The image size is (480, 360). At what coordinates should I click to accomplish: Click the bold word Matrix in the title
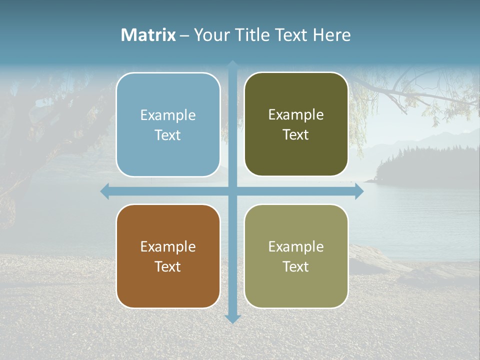(x=148, y=35)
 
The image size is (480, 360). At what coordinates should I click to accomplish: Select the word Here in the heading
(x=331, y=35)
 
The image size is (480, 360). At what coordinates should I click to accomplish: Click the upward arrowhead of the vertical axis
(x=232, y=64)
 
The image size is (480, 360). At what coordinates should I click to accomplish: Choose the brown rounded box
(x=168, y=285)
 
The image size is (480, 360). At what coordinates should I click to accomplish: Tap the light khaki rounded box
(x=296, y=285)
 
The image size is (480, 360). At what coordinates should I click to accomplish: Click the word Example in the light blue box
(x=168, y=115)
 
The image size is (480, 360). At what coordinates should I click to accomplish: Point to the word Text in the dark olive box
(x=296, y=135)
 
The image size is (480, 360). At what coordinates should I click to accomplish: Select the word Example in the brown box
(x=168, y=247)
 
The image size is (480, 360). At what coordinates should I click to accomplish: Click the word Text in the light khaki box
(x=296, y=267)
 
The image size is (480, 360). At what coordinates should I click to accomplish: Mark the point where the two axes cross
(x=232, y=191)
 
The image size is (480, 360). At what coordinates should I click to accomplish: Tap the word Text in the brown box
(x=168, y=267)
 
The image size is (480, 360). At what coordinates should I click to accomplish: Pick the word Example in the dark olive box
(x=296, y=115)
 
